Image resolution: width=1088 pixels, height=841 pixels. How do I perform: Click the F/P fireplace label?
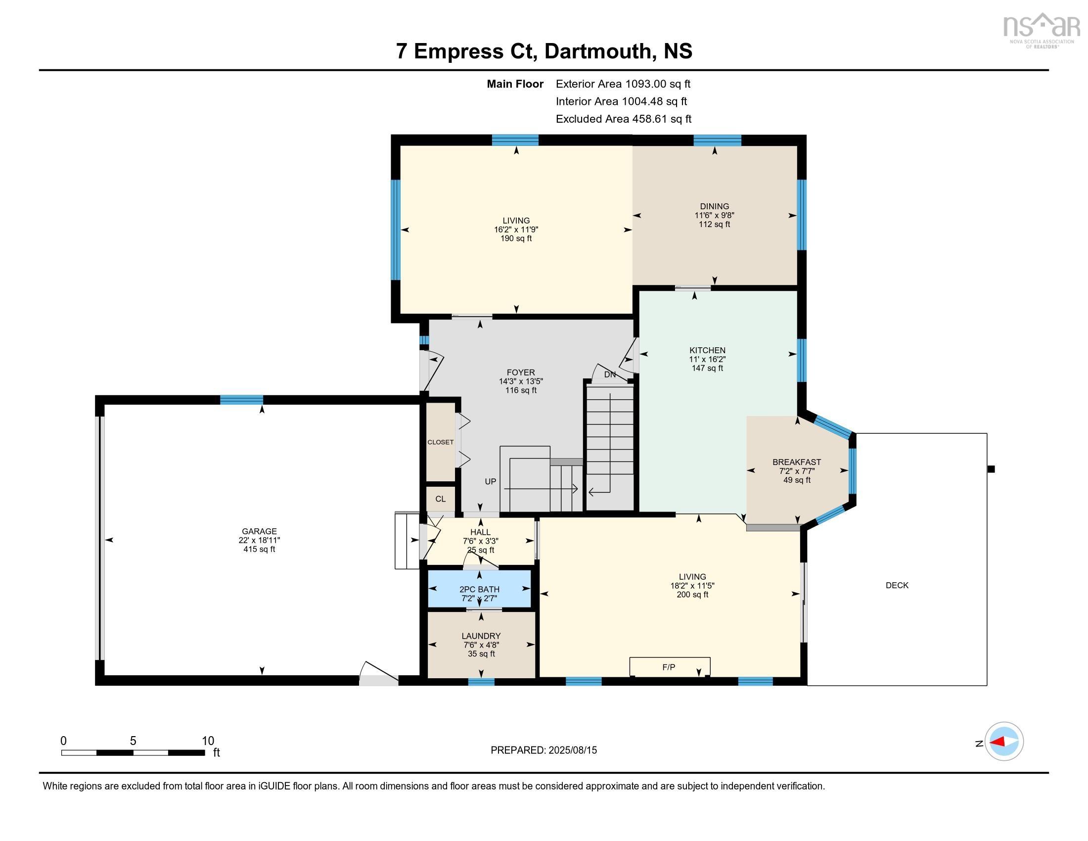[669, 667]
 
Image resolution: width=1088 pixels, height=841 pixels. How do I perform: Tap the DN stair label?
[610, 374]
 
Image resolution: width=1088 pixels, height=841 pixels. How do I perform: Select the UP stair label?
[490, 481]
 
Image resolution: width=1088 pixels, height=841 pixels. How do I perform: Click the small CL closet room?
[440, 499]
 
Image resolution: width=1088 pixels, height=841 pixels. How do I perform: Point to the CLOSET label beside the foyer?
[440, 442]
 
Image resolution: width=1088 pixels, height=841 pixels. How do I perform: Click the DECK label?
[897, 585]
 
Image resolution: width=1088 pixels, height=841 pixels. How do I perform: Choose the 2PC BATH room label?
[479, 589]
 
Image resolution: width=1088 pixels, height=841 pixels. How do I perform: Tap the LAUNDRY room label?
[481, 636]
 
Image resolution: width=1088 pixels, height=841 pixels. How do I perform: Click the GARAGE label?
[259, 531]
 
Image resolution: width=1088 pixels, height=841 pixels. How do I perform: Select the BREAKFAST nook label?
[797, 462]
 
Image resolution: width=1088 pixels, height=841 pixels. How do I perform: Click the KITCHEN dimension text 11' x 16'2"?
[707, 359]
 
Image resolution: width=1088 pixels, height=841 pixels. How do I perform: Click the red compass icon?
[1004, 742]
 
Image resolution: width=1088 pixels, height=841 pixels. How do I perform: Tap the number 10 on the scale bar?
[208, 741]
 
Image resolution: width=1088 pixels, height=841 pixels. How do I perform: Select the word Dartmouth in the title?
[597, 51]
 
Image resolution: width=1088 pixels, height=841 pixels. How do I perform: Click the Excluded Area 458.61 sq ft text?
[623, 119]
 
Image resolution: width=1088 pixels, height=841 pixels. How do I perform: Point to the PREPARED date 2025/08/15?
[572, 750]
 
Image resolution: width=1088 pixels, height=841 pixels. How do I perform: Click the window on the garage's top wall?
[242, 400]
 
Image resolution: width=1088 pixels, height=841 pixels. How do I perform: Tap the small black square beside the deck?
[991, 469]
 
